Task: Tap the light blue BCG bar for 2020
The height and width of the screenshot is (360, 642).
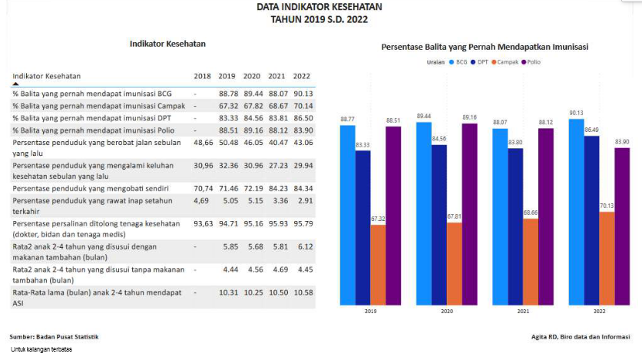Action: [x=423, y=211]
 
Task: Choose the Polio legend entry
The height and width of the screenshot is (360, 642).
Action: [x=531, y=61]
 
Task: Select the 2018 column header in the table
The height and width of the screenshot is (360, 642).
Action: [x=203, y=77]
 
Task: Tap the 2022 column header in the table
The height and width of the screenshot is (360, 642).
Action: [x=302, y=77]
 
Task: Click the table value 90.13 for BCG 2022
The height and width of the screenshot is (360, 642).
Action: [x=302, y=93]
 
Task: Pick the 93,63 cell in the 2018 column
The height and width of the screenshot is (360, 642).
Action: [x=203, y=223]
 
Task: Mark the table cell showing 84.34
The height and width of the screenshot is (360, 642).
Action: [x=302, y=188]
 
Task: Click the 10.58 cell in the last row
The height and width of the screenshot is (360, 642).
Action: [x=302, y=292]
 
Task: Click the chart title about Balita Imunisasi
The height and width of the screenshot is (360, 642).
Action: [x=485, y=47]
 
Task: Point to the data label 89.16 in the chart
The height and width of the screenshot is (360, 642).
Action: [x=469, y=117]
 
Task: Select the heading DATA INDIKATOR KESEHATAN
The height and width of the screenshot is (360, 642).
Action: [x=319, y=7]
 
